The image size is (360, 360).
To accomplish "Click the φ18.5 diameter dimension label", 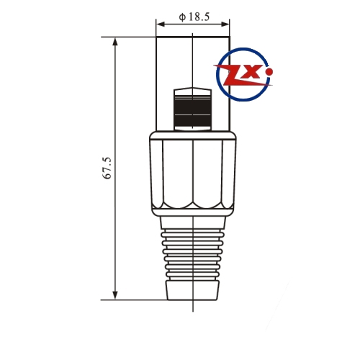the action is click(x=194, y=17).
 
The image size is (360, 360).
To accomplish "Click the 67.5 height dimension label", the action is click(x=107, y=168).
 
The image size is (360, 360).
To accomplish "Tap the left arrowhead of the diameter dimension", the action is click(x=161, y=24).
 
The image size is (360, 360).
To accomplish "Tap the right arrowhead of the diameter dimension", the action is click(x=225, y=24).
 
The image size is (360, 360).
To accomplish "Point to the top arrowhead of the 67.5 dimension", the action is click(x=115, y=42).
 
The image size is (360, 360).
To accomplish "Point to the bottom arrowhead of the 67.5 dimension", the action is click(x=115, y=295).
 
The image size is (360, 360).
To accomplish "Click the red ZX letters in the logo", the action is click(x=243, y=75).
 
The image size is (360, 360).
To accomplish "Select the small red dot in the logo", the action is click(x=270, y=71).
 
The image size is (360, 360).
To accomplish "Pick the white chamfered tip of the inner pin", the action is click(x=193, y=91).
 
